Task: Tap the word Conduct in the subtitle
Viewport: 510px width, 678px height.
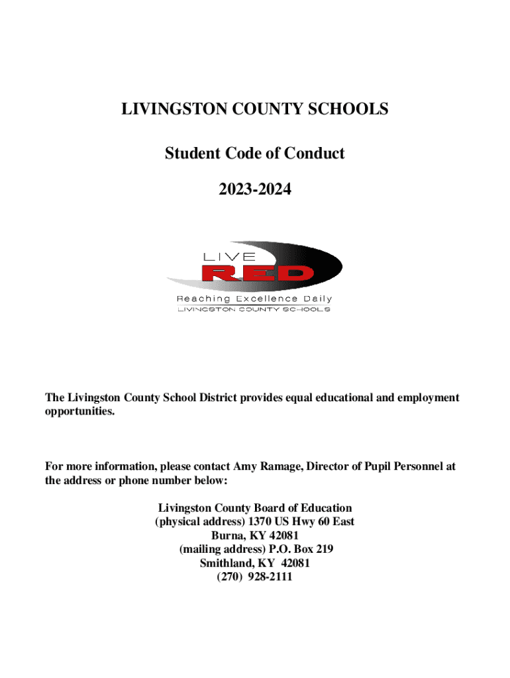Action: tap(315, 154)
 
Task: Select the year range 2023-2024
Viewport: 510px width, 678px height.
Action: tap(255, 190)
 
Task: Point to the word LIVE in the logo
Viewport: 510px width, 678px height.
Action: tap(229, 256)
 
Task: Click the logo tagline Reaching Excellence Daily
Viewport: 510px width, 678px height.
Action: tap(254, 299)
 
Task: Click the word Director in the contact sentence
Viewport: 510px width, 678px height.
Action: tap(331, 466)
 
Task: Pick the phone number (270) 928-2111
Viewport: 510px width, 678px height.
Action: tap(255, 577)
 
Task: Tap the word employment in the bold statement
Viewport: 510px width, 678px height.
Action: tap(425, 397)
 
